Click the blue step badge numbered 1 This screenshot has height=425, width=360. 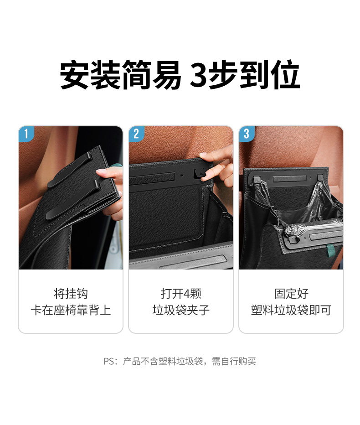pos(26,133)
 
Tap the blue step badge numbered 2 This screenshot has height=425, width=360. pos(136,133)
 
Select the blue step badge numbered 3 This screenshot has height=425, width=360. pos(247,133)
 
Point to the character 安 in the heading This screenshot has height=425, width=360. pos(74,74)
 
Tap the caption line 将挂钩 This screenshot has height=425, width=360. pos(71,294)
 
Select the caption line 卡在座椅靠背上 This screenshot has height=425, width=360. pos(71,310)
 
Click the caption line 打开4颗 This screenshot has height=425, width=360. pos(180,294)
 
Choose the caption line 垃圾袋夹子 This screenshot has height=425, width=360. pos(180,310)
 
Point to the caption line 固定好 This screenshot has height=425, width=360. pos(291,294)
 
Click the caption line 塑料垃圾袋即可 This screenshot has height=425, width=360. pos(291,310)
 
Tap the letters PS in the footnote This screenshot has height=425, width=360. pos(108,361)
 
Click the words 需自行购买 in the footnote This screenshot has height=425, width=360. pos(234,361)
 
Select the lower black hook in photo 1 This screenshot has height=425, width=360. pos(73,200)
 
